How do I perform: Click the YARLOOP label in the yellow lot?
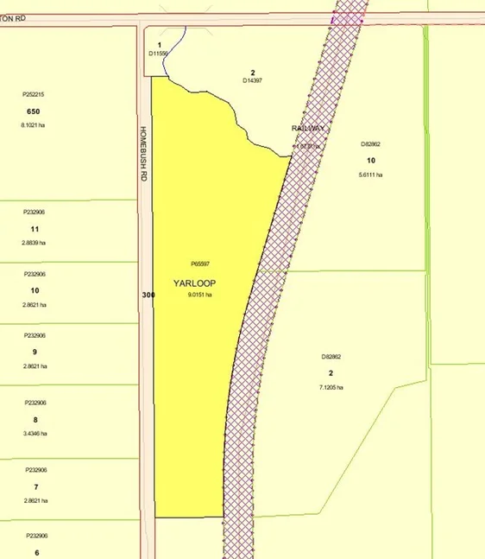pos(194,282)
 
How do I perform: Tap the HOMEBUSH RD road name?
pos(144,154)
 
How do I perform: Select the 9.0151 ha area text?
pos(199,295)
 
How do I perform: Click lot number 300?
pos(148,295)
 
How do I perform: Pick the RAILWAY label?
pos(308,128)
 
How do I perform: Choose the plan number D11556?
pos(161,53)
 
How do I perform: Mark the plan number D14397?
pos(252,80)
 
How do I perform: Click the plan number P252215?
pos(34,94)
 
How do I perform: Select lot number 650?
pos(34,111)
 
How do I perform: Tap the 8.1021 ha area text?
pos(34,126)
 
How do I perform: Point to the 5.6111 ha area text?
pos(370,175)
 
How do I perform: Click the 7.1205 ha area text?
pos(331,387)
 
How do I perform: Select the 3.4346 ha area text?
pos(35,432)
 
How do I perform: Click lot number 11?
pos(35,229)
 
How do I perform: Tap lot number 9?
pos(35,352)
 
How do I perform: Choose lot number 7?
pos(35,486)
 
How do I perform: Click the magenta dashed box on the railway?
pos(346,18)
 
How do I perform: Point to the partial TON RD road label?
pos(11,17)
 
